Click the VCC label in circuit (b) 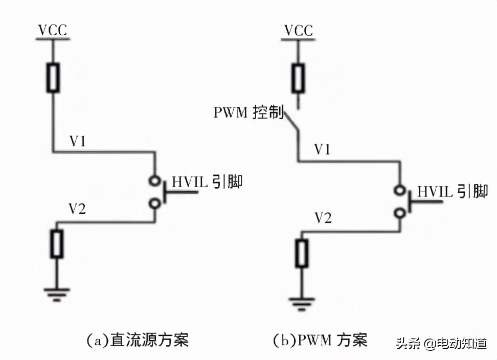[x=298, y=30]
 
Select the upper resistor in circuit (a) [x=53, y=78]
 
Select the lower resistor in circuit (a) [x=56, y=244]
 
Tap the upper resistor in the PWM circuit [x=298, y=78]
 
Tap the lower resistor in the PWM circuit [x=302, y=253]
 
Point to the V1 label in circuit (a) [x=78, y=142]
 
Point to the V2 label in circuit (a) [x=78, y=209]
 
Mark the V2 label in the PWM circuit [x=323, y=218]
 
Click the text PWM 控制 [x=248, y=113]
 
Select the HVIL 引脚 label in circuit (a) [x=207, y=182]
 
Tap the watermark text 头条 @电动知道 [x=442, y=343]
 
